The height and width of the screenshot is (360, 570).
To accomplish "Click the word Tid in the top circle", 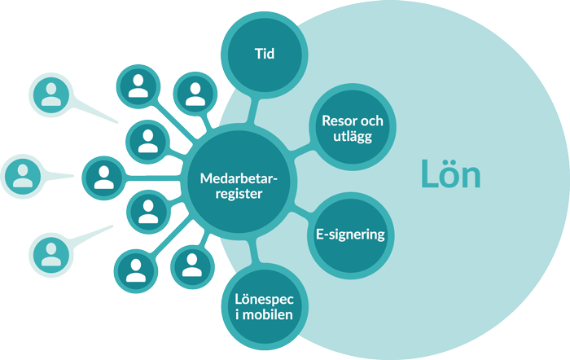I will pyautogui.click(x=262, y=55).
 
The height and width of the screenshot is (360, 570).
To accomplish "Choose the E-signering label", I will pyautogui.click(x=349, y=235).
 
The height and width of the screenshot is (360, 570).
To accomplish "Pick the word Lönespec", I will pyautogui.click(x=262, y=299).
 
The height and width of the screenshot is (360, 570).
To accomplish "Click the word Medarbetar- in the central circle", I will pyautogui.click(x=236, y=178).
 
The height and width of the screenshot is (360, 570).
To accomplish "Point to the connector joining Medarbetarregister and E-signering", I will pyautogui.click(x=300, y=210).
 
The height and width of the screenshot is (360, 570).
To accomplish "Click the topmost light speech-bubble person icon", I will pyautogui.click(x=52, y=94).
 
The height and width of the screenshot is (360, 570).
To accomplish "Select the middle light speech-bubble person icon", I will pyautogui.click(x=22, y=175).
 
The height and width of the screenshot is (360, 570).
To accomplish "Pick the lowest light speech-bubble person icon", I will pyautogui.click(x=52, y=252).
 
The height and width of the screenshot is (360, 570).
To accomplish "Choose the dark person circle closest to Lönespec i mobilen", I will pyautogui.click(x=191, y=265).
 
